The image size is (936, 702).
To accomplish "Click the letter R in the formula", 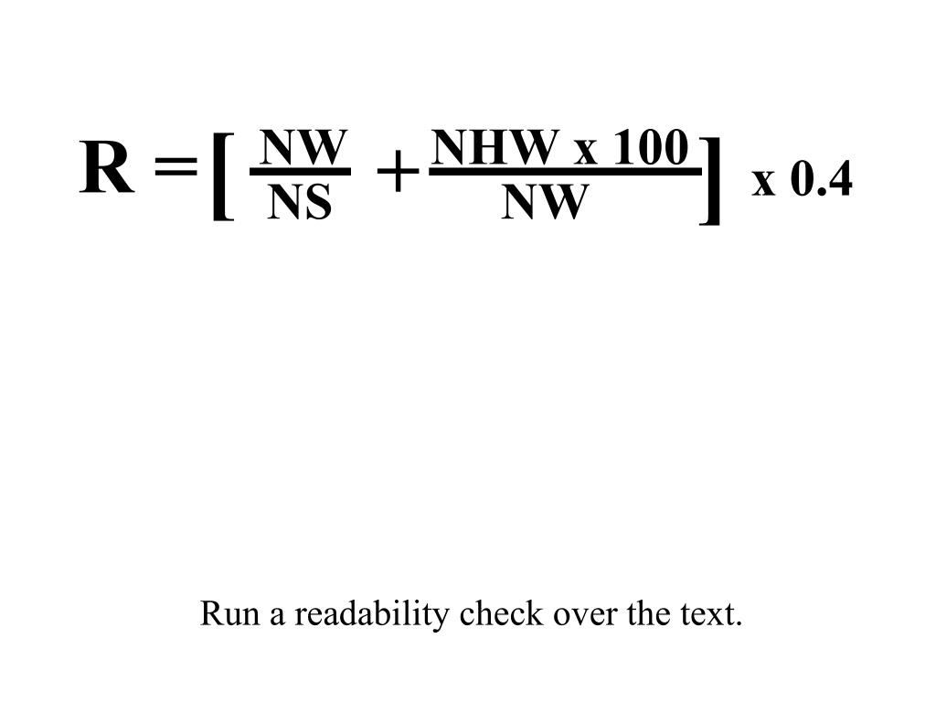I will [x=107, y=169].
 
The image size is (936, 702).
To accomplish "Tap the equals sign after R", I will [x=175, y=169].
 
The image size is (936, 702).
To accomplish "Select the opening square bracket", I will [x=221, y=175].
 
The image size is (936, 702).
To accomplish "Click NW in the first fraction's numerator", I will [x=302, y=147].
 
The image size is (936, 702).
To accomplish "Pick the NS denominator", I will [x=300, y=204].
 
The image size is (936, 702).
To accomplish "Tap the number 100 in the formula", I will [x=650, y=147].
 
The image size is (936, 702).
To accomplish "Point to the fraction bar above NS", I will [x=300, y=172].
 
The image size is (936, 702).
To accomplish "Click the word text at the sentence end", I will [x=712, y=613].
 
